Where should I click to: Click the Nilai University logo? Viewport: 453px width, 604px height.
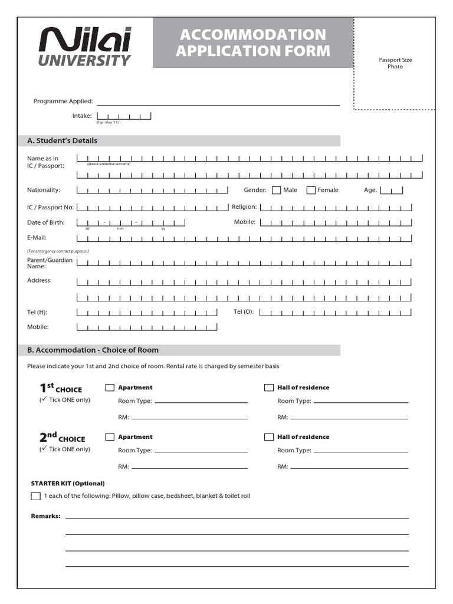[85, 46]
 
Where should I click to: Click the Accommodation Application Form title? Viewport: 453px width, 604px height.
[253, 42]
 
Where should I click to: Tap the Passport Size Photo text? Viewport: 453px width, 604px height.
[395, 63]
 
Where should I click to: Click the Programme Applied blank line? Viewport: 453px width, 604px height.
[218, 102]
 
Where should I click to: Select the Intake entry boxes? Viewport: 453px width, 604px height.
[124, 116]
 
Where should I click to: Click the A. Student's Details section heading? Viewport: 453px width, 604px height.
[63, 141]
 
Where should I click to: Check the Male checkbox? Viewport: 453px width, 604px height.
[276, 190]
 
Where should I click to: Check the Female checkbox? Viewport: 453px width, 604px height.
[311, 190]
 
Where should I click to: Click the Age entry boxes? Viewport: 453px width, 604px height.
[392, 190]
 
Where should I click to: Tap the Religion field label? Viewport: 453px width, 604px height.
[244, 207]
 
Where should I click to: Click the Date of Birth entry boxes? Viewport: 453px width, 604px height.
[131, 222]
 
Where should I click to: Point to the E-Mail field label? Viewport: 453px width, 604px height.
[37, 238]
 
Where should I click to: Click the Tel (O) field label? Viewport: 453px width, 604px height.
[244, 311]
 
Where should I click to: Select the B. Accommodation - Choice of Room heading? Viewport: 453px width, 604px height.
[93, 350]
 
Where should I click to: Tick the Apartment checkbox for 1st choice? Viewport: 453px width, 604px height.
[110, 388]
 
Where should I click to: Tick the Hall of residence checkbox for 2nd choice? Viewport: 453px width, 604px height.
[269, 437]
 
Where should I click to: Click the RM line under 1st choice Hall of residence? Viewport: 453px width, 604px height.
[349, 418]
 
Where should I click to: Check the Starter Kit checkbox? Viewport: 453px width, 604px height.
[35, 496]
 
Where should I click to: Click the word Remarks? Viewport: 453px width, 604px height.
[45, 516]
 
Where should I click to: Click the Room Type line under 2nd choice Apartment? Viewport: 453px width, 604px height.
[201, 451]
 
